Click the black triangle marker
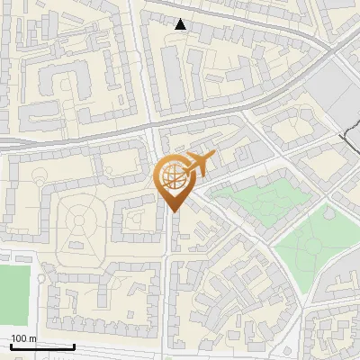coord(181,24)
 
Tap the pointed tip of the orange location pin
coord(173,211)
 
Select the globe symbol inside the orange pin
coord(174,180)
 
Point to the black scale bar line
coord(41,346)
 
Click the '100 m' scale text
coord(24,338)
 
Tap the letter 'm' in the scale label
coord(33,338)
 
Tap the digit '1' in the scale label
coord(13,338)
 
